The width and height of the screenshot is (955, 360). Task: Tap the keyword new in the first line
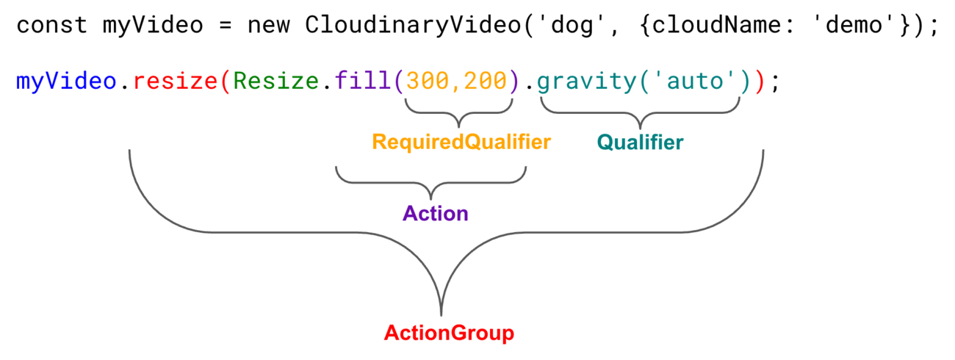[x=269, y=26]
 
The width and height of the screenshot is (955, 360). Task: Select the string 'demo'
[x=854, y=26]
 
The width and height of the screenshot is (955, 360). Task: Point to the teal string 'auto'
[x=693, y=80]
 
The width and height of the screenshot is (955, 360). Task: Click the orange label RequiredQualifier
[x=461, y=142]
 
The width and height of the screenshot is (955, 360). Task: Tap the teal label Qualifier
[x=639, y=142]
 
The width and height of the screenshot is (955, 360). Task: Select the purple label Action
[x=435, y=214]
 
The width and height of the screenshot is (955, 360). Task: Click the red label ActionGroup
[x=448, y=333]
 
